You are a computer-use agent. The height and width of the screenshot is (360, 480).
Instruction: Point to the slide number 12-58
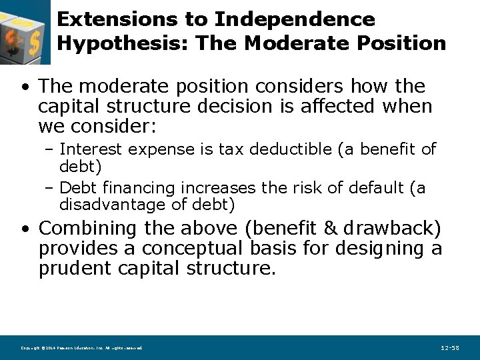pyautogui.click(x=450, y=348)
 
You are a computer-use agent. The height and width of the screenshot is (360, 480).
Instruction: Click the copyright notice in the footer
pyautogui.click(x=81, y=348)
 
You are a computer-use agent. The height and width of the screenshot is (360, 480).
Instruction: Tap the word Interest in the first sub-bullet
pyautogui.click(x=97, y=149)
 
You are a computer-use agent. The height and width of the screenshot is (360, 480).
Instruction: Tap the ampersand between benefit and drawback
pyautogui.click(x=330, y=229)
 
